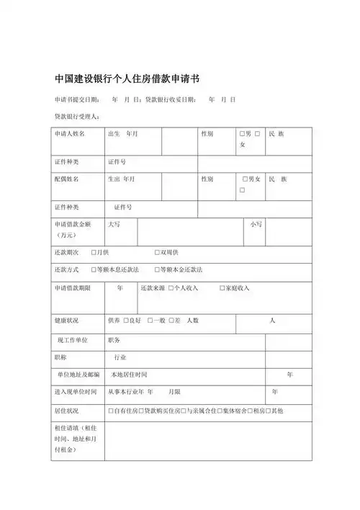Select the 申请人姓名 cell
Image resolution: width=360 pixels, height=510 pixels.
[70, 134]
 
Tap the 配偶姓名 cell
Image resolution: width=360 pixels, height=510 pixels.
[66, 179]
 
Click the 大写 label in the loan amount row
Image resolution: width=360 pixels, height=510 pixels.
[114, 225]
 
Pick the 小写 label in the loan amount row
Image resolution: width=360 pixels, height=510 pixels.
[256, 225]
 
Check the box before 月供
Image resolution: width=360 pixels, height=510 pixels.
[94, 253]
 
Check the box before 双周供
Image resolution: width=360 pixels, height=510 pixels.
[157, 253]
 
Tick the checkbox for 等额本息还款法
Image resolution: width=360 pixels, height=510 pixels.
[94, 269]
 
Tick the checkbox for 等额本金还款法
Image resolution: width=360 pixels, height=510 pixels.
[156, 269]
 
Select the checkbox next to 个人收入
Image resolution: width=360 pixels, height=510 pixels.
[171, 288]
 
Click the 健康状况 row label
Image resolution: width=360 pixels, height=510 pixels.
[66, 320]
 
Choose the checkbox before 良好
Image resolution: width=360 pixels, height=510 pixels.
[125, 320]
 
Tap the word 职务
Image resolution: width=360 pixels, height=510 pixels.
[114, 339]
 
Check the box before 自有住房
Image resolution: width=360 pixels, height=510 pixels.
[109, 410]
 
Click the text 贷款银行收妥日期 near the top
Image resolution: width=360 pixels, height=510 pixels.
[170, 99]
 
